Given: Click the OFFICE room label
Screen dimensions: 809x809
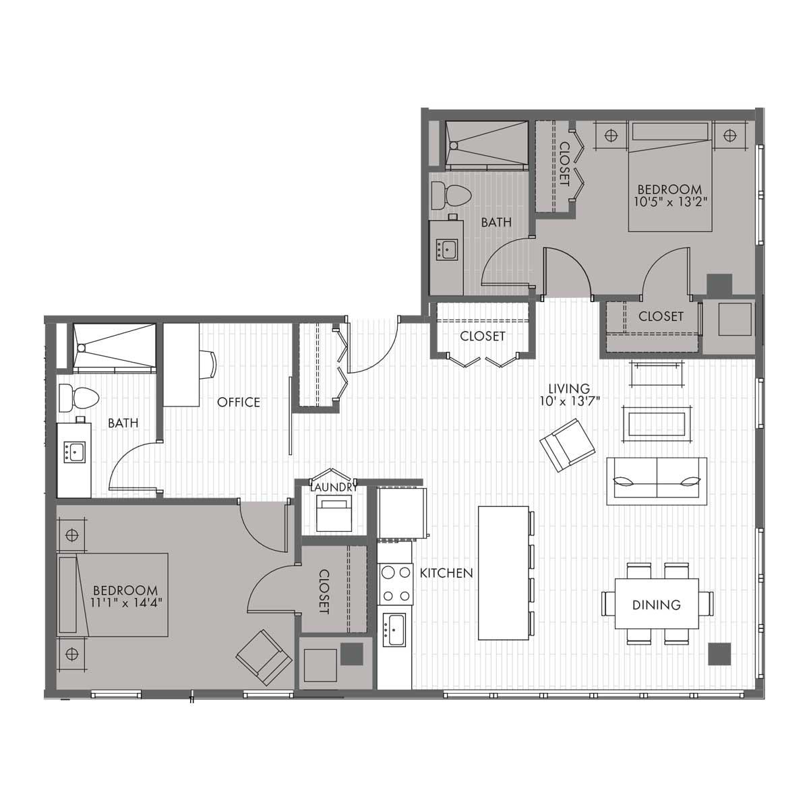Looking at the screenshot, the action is coord(239,402).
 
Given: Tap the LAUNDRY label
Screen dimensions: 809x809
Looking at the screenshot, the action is coord(334,487).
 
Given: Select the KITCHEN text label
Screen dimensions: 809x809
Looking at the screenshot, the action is coord(446,572).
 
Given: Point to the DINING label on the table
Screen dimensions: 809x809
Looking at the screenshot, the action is coord(656,605).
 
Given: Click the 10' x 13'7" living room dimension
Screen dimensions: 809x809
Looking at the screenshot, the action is coord(570,401).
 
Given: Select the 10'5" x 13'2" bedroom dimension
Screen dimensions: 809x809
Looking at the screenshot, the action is coord(669,202).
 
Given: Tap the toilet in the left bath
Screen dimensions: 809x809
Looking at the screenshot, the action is coord(79,398).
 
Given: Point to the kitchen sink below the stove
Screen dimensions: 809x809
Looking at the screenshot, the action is coord(394,630).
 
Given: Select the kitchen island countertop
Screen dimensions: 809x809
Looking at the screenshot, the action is coord(504,573).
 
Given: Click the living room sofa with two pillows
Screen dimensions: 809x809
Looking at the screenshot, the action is coord(657,481).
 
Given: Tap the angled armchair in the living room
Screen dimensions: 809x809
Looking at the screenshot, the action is coord(567,445).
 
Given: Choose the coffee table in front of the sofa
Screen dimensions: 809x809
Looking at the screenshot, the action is coord(656,423).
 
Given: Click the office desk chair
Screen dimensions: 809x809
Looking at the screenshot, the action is coord(208,365).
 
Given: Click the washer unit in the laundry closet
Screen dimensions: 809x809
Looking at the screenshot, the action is coord(334,514).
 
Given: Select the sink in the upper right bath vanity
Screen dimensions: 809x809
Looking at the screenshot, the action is coord(447,250).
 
